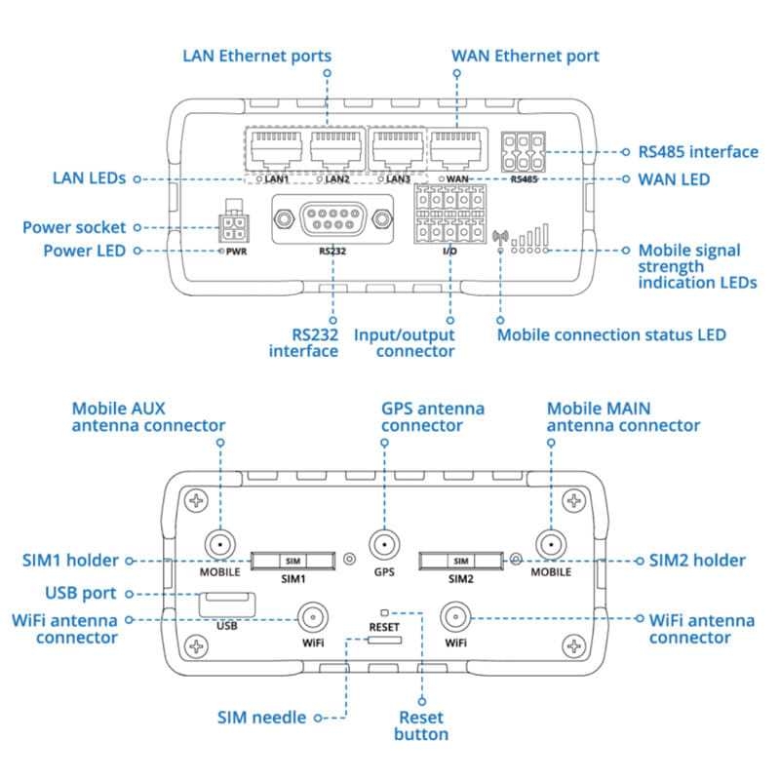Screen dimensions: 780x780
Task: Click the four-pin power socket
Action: click(234, 229)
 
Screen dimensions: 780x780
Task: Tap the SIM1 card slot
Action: click(292, 561)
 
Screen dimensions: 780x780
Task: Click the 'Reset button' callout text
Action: click(421, 725)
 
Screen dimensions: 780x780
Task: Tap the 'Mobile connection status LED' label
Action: click(611, 334)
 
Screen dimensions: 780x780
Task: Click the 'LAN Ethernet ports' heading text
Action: click(256, 56)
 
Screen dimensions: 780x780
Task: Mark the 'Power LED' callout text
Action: click(85, 251)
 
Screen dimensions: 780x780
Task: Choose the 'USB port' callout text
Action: click(81, 593)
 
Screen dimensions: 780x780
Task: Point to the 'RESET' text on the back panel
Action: click(384, 627)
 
